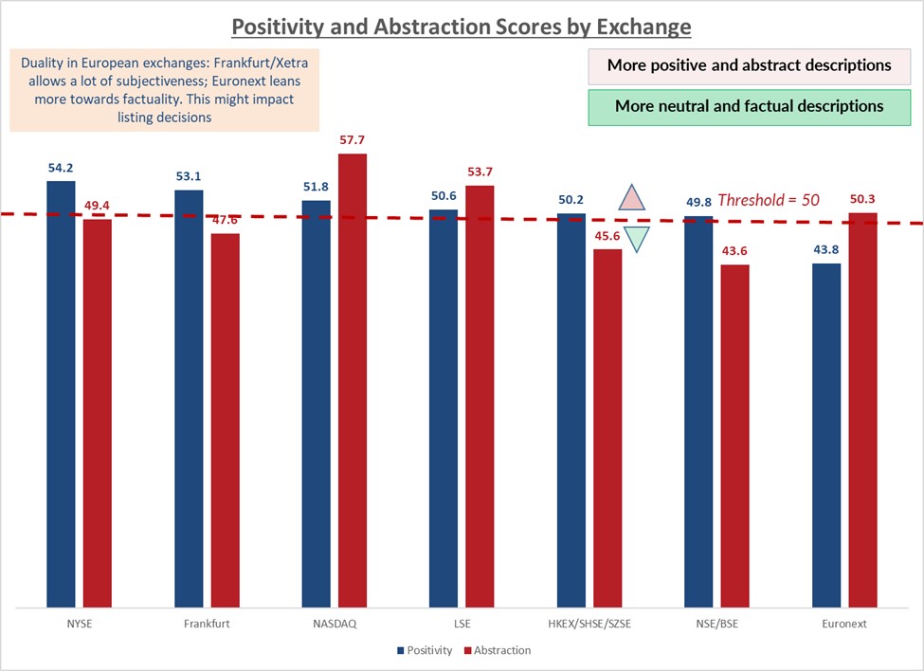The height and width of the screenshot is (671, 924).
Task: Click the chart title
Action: pos(462,26)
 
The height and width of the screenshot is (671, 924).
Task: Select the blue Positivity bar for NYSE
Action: pos(61,393)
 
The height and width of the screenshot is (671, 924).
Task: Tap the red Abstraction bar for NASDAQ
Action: pos(352,379)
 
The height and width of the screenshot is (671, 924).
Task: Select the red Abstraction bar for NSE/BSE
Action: pos(734,435)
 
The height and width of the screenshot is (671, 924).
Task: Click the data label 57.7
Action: pos(352,140)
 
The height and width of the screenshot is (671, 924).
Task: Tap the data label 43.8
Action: pos(826,250)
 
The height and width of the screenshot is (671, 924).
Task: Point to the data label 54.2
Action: pos(61,168)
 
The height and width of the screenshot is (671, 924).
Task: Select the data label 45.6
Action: pos(607,236)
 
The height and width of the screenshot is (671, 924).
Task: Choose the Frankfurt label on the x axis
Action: pos(207,624)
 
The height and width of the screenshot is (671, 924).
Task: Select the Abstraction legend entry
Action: pos(498,650)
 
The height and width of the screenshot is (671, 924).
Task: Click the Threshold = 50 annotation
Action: pos(769,200)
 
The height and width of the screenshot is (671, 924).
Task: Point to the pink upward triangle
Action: pos(632,197)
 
